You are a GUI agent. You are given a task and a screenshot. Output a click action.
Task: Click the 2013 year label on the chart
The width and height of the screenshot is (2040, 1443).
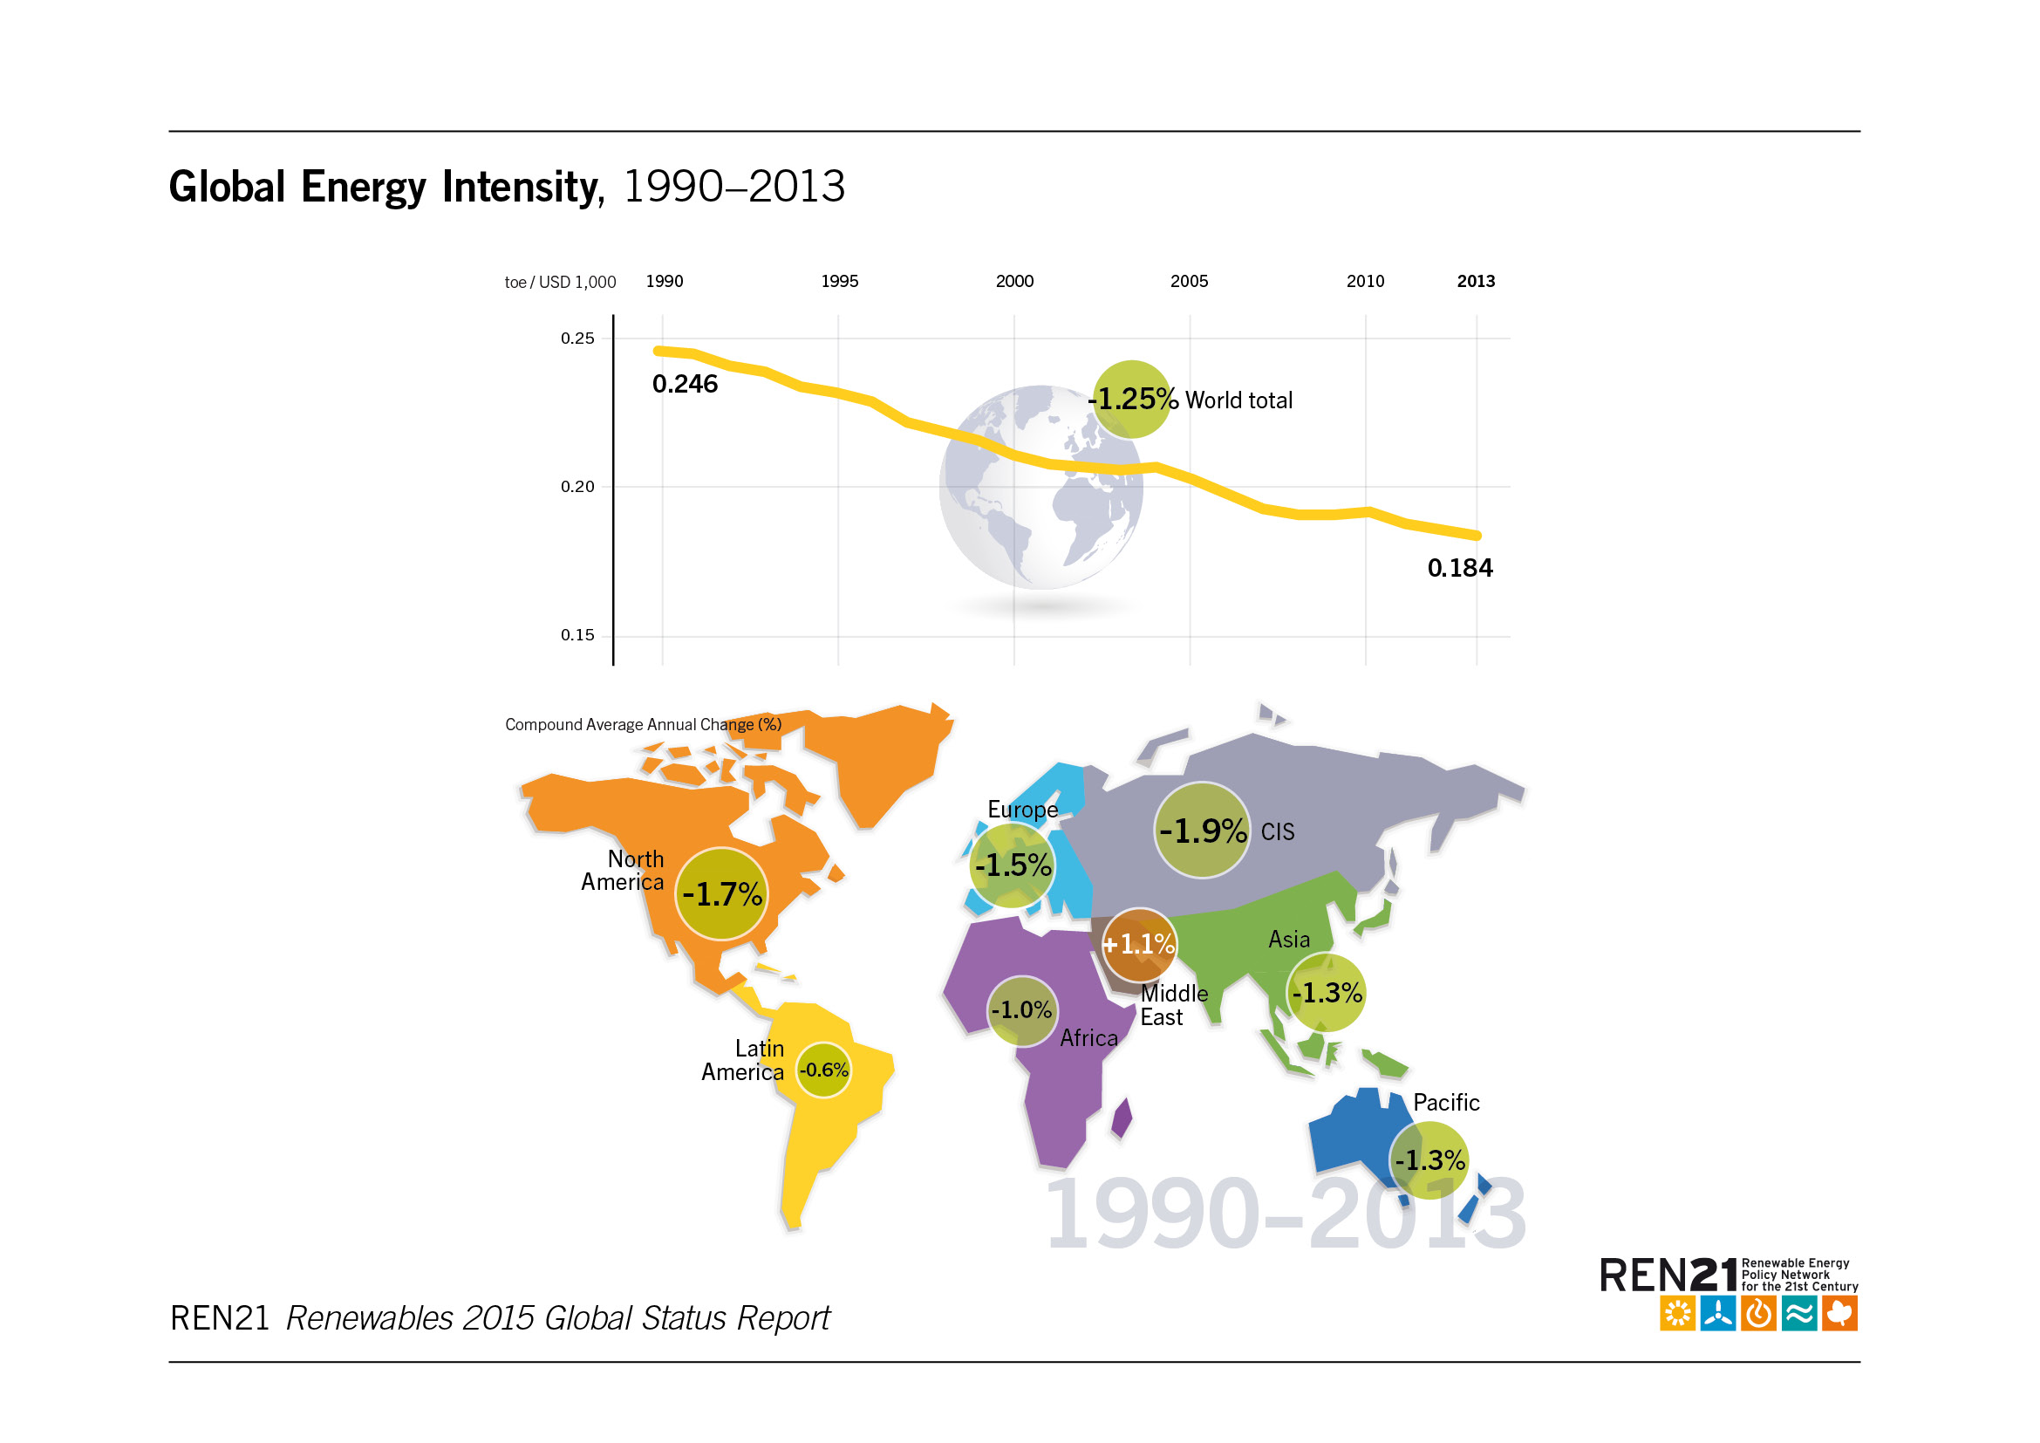(x=1475, y=282)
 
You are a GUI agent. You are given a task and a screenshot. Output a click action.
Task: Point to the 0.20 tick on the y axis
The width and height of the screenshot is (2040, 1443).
(x=577, y=487)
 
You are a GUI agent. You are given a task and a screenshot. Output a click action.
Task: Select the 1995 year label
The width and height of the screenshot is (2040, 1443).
(x=839, y=282)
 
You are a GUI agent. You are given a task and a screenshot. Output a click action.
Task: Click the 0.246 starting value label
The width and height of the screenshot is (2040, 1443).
(x=684, y=385)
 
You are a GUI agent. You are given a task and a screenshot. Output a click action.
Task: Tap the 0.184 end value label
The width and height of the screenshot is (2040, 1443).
(x=1460, y=569)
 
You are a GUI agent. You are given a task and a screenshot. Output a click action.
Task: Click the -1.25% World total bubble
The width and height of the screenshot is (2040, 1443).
(x=1131, y=400)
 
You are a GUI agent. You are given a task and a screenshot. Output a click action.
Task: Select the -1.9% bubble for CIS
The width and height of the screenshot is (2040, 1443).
(x=1202, y=831)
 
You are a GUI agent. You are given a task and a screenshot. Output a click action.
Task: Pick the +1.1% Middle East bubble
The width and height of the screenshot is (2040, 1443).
(x=1139, y=945)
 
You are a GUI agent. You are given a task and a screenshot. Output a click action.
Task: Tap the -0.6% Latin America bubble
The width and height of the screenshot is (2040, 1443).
(x=823, y=1070)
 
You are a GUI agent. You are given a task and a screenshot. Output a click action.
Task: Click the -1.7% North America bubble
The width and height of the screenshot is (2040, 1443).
(x=721, y=894)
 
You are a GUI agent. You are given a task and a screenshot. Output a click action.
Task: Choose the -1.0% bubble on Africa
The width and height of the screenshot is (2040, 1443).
(x=1022, y=1011)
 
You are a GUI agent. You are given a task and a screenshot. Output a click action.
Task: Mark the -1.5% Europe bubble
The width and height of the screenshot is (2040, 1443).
(x=1013, y=865)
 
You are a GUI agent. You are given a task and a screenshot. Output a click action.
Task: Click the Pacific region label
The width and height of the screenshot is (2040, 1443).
(x=1445, y=1103)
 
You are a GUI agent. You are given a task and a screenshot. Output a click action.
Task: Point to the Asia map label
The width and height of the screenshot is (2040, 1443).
(x=1288, y=940)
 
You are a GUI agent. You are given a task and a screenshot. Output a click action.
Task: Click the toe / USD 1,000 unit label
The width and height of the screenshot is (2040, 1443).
(x=560, y=283)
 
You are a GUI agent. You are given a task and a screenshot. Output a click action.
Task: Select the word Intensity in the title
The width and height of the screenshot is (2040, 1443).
(x=523, y=188)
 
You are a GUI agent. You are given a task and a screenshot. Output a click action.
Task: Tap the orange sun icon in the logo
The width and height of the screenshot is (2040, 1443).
(x=1676, y=1314)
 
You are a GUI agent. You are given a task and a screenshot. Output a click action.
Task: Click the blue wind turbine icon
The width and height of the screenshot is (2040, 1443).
(x=1717, y=1314)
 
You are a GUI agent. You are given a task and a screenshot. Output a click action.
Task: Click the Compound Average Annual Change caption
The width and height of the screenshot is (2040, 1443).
(x=644, y=725)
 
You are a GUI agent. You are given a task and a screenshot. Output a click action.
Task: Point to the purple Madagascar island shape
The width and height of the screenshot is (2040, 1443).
(x=1123, y=1118)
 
